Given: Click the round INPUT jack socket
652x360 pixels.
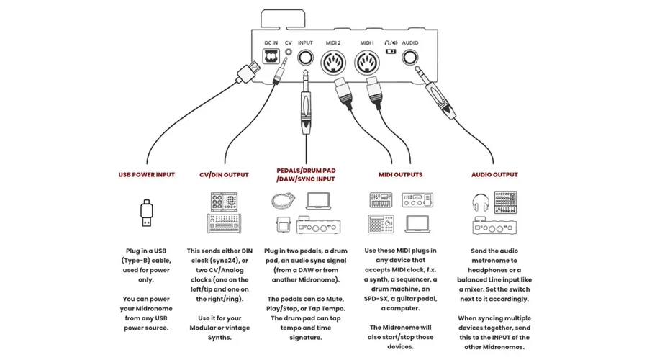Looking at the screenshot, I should click(x=306, y=59).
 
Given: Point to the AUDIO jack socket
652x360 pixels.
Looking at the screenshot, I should click(x=411, y=58).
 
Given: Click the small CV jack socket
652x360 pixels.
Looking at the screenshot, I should click(x=289, y=53).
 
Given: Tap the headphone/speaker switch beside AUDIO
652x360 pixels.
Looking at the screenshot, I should click(x=391, y=52).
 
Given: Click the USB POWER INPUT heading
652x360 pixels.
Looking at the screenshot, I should click(x=146, y=174).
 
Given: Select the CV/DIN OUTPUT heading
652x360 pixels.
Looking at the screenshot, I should click(x=224, y=174).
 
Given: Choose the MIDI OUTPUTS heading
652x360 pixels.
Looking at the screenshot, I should click(x=400, y=174).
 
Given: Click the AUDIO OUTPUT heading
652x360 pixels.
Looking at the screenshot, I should click(x=494, y=174).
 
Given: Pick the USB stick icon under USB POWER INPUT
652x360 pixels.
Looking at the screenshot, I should click(x=146, y=215).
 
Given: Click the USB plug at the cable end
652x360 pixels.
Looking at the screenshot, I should click(x=250, y=70).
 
